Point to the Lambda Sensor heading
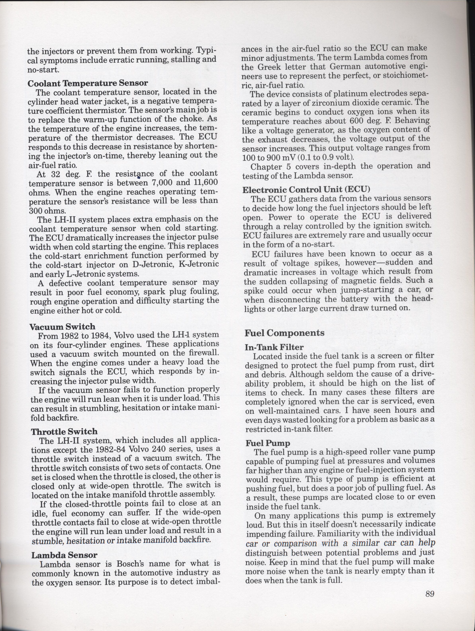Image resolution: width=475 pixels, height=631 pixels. pyautogui.click(x=64, y=555)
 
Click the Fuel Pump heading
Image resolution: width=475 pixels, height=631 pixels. pyautogui.click(x=268, y=443)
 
